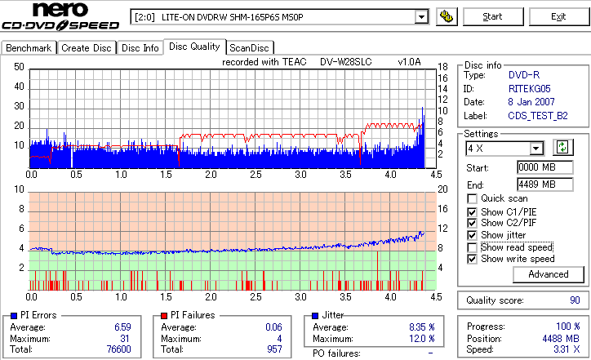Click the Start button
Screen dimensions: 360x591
coord(493,16)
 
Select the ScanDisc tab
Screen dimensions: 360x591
coord(248,48)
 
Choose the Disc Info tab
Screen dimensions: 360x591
coord(140,48)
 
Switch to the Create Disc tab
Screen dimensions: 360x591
coord(87,48)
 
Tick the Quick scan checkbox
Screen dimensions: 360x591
coord(473,198)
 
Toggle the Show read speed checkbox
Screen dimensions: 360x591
coord(473,247)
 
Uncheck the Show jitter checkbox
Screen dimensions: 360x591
coord(473,235)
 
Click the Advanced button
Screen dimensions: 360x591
coord(548,274)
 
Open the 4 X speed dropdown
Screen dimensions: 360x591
coord(536,148)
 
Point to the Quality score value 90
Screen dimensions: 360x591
coord(575,300)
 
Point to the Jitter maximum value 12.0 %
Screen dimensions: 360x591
coord(420,339)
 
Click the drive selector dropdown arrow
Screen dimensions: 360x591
coord(421,16)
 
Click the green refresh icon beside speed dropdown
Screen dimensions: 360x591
coord(562,148)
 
